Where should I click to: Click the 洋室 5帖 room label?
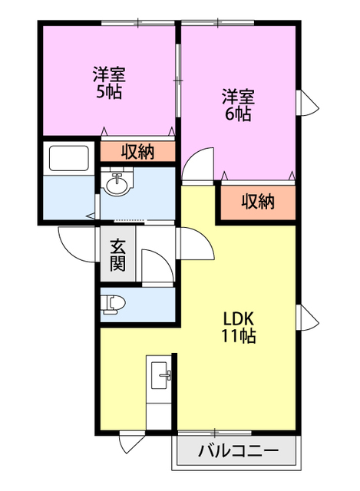tap(109, 83)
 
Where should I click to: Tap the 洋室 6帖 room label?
tap(238, 105)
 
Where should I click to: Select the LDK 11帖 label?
tap(239, 328)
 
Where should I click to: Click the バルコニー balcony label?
tap(238, 451)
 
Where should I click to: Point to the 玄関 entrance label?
tap(117, 255)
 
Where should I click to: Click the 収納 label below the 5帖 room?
tap(138, 152)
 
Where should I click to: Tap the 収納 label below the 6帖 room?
tap(258, 202)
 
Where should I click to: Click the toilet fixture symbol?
tap(113, 304)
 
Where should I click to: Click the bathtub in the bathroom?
tap(68, 159)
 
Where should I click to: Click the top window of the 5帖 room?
tap(138, 22)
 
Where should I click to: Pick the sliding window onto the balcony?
tap(215, 433)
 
